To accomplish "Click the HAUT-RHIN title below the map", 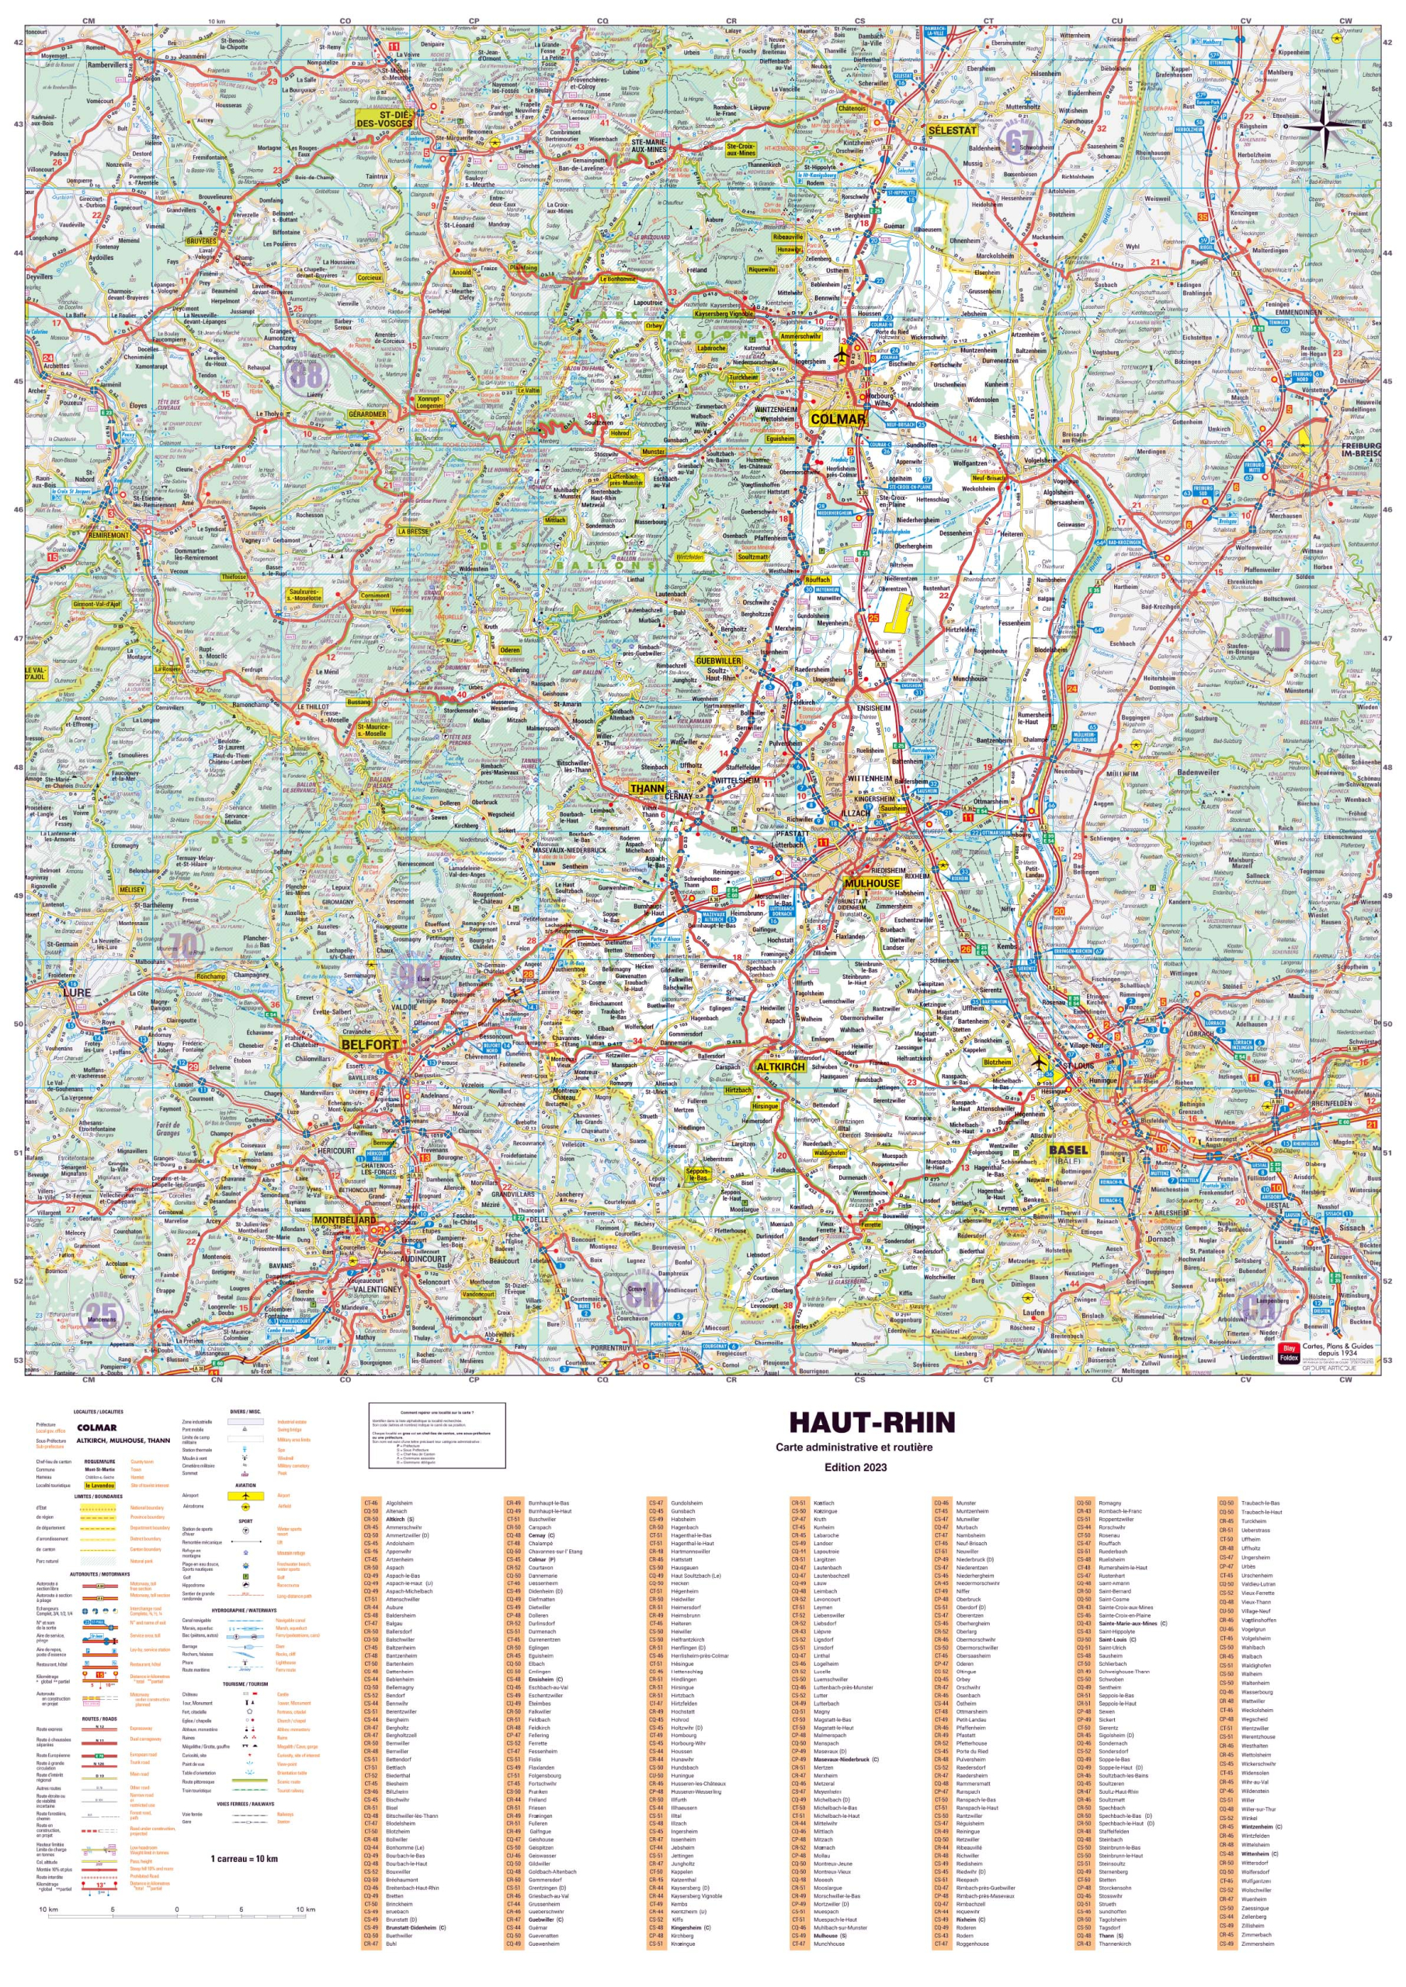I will (x=872, y=1423).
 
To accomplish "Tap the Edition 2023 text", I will (x=855, y=1467).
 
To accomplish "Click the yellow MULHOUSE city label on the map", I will (x=871, y=883).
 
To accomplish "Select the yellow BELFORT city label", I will (x=370, y=1045).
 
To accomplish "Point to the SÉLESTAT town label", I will (x=952, y=130).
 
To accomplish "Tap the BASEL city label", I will (x=1068, y=1150).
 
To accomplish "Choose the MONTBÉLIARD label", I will (x=345, y=1220).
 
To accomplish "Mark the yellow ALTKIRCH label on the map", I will (x=780, y=1067).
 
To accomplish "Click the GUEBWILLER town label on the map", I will (x=719, y=661).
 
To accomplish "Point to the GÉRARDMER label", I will (x=367, y=414).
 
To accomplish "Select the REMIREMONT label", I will (x=108, y=535).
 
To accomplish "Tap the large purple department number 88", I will (x=305, y=375).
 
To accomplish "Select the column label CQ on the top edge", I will (x=602, y=21).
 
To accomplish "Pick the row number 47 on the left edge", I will (x=17, y=639).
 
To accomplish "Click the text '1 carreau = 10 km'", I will (x=244, y=1858).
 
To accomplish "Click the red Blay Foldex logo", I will (x=1288, y=1353).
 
